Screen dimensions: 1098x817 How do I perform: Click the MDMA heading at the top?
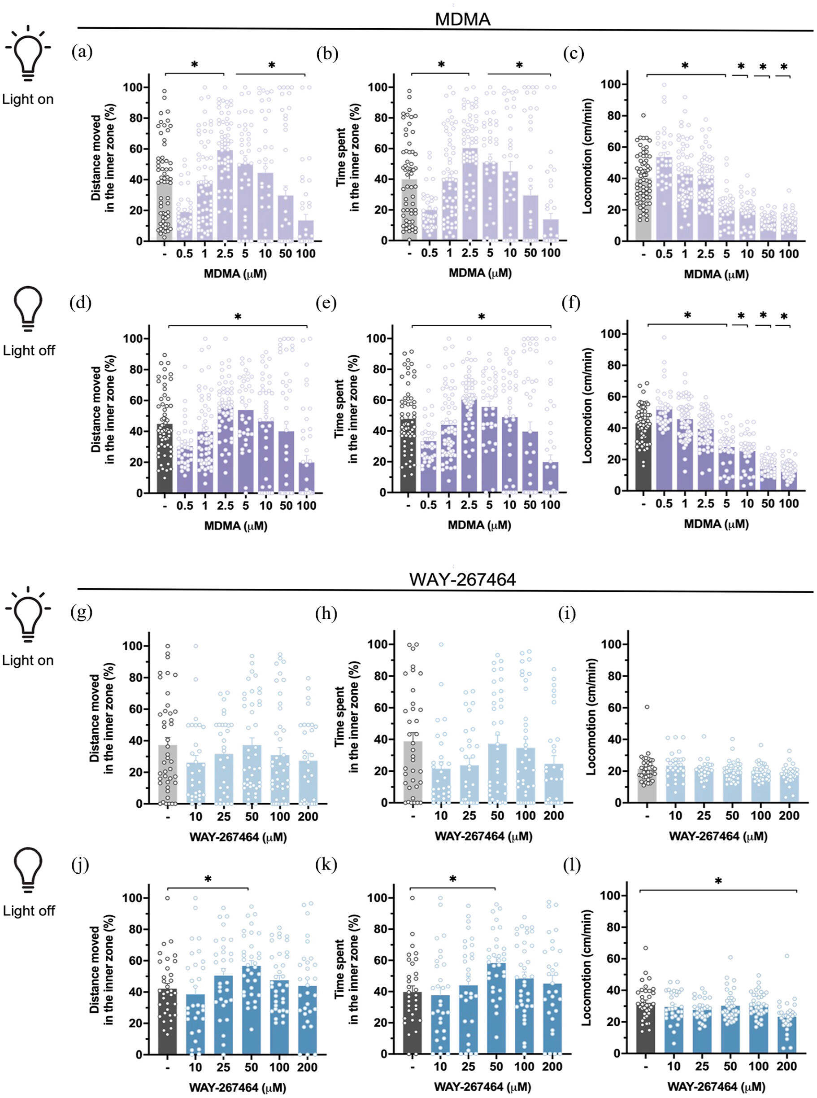click(x=462, y=19)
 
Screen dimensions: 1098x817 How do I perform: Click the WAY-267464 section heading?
click(x=462, y=579)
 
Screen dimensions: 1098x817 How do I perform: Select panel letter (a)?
click(x=82, y=52)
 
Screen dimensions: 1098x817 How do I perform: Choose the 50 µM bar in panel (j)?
click(x=251, y=1010)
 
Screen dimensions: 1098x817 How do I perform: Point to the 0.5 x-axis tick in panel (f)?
click(x=664, y=504)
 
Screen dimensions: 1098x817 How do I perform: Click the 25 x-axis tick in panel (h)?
click(x=469, y=815)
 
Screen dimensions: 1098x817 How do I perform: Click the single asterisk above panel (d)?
click(x=238, y=317)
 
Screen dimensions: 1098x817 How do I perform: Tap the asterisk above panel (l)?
click(x=718, y=881)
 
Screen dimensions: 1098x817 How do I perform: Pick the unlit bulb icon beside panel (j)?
click(x=28, y=870)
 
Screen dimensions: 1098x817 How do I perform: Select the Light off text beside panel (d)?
click(x=29, y=350)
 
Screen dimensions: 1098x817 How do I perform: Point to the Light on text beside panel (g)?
click(x=28, y=660)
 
